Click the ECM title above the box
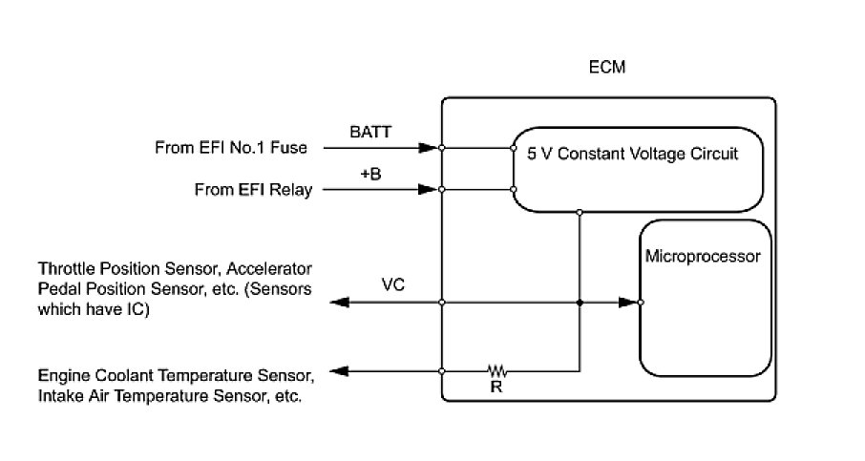[607, 67]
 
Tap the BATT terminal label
[370, 132]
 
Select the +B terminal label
[370, 174]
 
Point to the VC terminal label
[392, 284]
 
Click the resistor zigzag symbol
[496, 370]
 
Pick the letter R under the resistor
[496, 388]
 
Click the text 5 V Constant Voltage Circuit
[632, 154]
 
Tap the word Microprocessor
[703, 256]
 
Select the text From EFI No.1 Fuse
[231, 147]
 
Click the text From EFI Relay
[253, 190]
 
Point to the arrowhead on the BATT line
[428, 148]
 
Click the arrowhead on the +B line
[428, 190]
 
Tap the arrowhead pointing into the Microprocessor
[628, 303]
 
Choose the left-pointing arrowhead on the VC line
[340, 303]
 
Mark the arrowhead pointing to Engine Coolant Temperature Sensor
[340, 371]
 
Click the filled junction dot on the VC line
[580, 303]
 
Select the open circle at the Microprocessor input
[641, 303]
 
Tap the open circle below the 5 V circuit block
[580, 212]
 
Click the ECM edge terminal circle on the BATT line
[441, 148]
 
